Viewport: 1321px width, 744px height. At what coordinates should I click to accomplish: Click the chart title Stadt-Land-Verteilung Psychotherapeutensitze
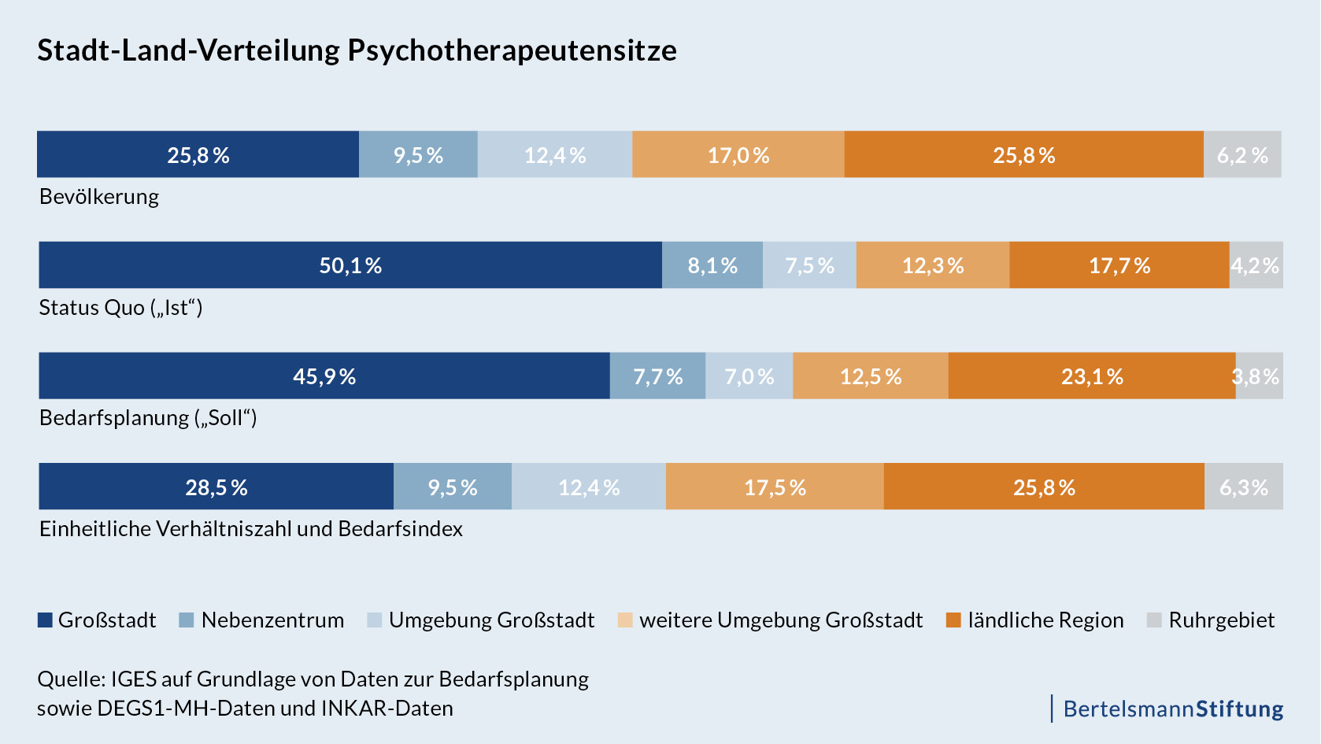pyautogui.click(x=357, y=50)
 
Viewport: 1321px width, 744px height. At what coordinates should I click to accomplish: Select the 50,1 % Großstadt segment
pyautogui.click(x=350, y=265)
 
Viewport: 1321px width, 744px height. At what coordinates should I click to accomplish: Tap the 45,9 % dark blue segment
pyautogui.click(x=324, y=376)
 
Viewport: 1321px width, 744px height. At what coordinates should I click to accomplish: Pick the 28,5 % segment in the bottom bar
pyautogui.click(x=216, y=487)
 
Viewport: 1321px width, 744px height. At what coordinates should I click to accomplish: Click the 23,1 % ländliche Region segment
pyautogui.click(x=1092, y=376)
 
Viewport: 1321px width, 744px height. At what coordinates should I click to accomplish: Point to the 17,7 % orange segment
pyautogui.click(x=1119, y=265)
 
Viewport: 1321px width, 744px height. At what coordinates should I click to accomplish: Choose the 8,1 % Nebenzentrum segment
pyautogui.click(x=712, y=265)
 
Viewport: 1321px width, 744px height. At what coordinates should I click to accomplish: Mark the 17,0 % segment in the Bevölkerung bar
pyautogui.click(x=738, y=155)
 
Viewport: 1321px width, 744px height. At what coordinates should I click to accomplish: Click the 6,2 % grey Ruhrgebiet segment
pyautogui.click(x=1242, y=155)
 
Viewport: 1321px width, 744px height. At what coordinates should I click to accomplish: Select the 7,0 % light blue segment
pyautogui.click(x=749, y=376)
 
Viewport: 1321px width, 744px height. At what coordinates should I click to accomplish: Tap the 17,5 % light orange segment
pyautogui.click(x=775, y=487)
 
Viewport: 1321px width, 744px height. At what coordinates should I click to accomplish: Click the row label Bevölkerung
pyautogui.click(x=99, y=197)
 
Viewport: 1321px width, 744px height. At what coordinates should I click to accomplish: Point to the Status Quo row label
pyautogui.click(x=120, y=307)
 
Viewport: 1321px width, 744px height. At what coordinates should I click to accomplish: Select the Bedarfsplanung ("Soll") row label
pyautogui.click(x=148, y=418)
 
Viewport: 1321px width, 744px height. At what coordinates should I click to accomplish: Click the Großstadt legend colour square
pyautogui.click(x=45, y=620)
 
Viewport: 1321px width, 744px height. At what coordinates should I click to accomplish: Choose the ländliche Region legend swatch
pyautogui.click(x=953, y=620)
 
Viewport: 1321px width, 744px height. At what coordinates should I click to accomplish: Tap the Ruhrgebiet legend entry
pyautogui.click(x=1221, y=620)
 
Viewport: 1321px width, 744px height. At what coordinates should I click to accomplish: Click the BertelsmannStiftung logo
pyautogui.click(x=1172, y=709)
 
